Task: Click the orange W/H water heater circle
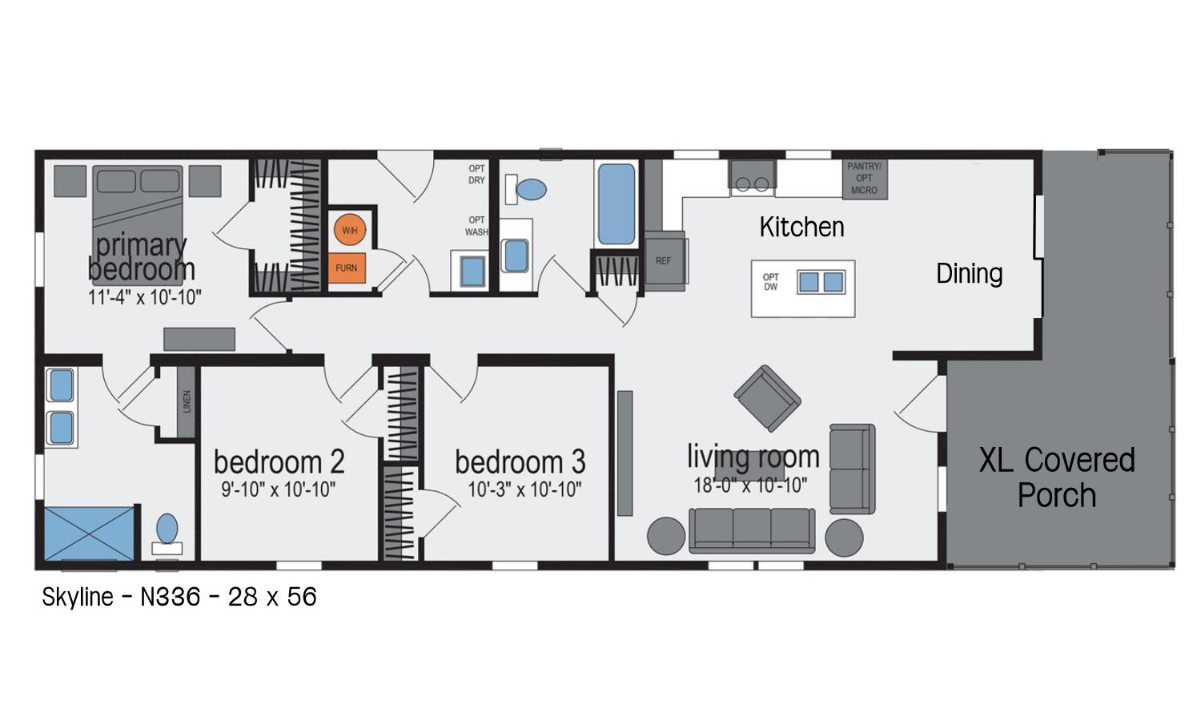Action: point(350,230)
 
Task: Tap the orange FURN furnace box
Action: point(347,268)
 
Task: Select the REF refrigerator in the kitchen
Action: point(665,261)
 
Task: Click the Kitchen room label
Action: point(801,227)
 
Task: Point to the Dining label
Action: point(970,274)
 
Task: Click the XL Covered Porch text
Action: point(1058,477)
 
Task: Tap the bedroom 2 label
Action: point(279,462)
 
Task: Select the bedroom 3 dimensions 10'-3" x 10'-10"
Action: point(525,489)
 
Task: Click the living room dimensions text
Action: point(751,485)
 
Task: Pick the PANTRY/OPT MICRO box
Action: point(864,179)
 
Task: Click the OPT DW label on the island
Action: point(770,282)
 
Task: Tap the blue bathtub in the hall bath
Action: point(616,203)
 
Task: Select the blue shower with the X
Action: point(89,534)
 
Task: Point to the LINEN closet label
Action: point(187,402)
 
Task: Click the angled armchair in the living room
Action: point(767,398)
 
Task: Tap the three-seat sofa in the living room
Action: point(752,530)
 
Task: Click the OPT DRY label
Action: point(476,175)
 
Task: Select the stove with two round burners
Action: point(752,176)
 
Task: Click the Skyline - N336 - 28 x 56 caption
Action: point(179,597)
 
